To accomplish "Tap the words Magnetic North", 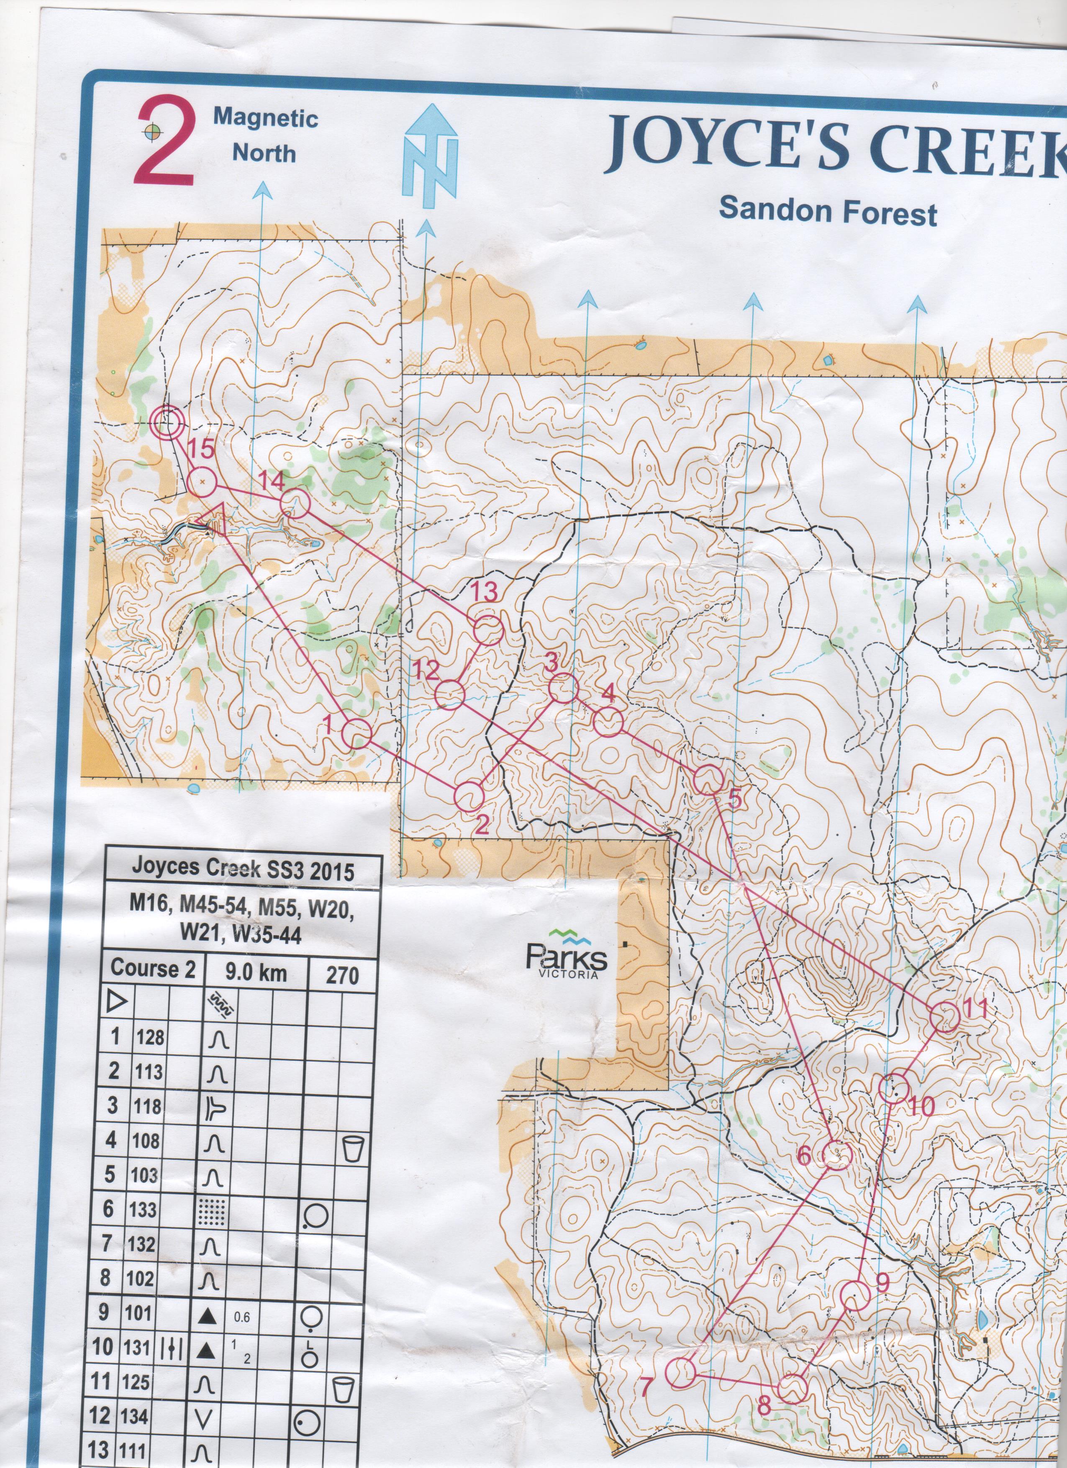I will [x=265, y=136].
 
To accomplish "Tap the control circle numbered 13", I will [x=489, y=630].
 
